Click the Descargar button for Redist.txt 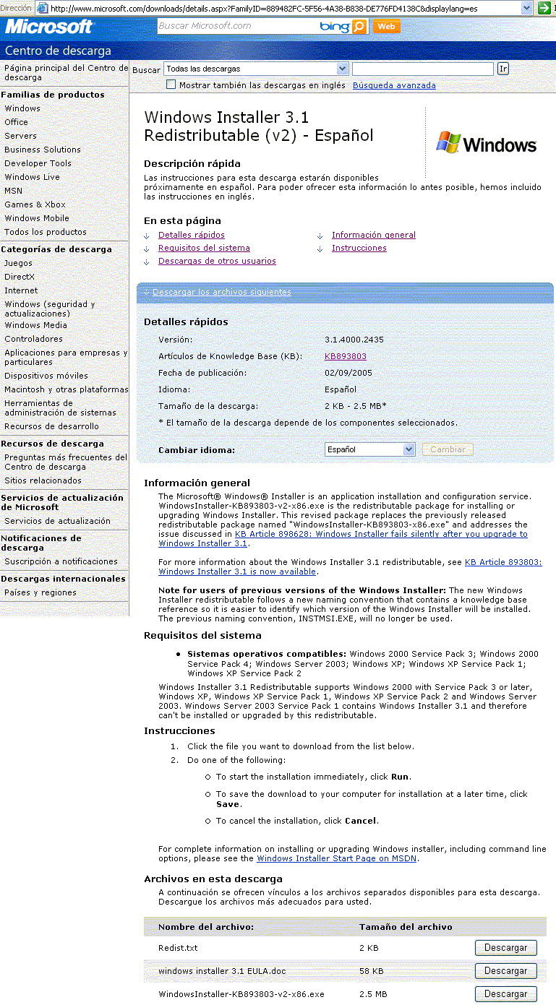[505, 947]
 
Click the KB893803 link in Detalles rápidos [345, 356]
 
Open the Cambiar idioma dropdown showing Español [369, 449]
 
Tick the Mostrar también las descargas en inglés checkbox [171, 85]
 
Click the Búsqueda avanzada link [394, 85]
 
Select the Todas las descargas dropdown [256, 69]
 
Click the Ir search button [503, 69]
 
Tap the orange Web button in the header [387, 27]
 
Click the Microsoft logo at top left [49, 27]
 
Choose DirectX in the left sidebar [20, 277]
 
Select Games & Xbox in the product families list [35, 204]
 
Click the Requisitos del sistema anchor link [204, 248]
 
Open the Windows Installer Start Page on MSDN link [337, 858]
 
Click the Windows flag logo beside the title [485, 143]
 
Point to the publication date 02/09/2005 [348, 373]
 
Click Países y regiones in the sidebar [40, 592]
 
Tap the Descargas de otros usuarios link [217, 261]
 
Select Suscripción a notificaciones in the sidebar [61, 561]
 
